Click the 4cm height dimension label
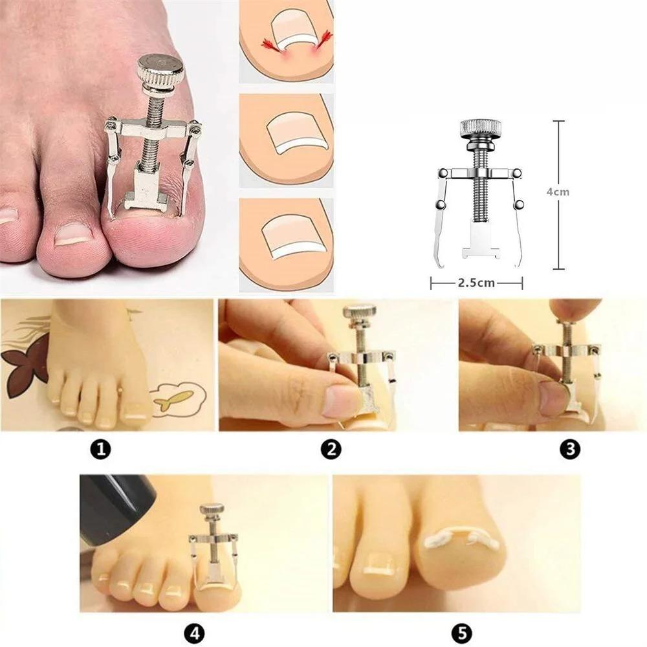click(557, 192)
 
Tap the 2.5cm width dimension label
click(476, 283)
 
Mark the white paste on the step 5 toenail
click(461, 536)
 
